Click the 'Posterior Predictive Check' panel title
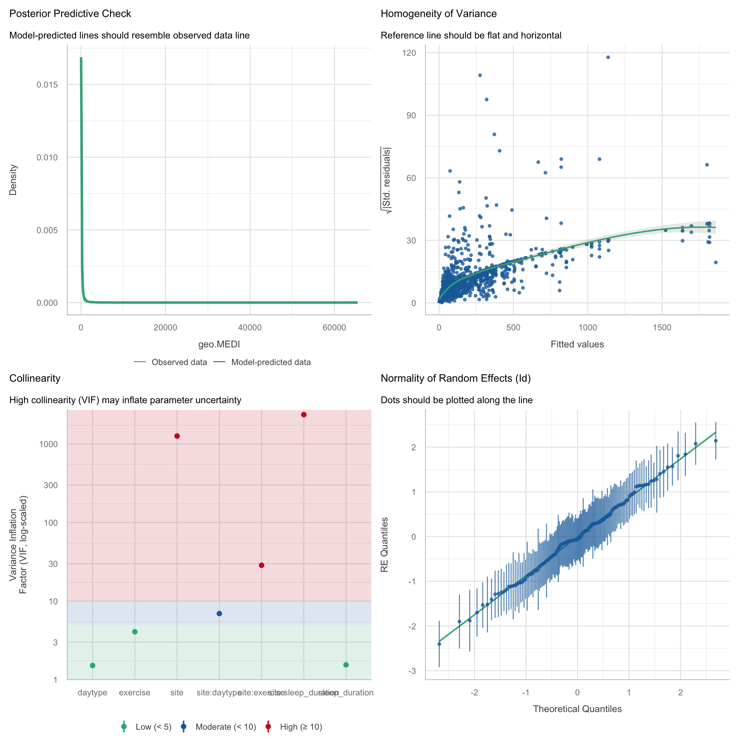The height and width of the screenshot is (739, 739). pos(70,14)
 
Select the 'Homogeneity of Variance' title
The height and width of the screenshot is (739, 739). pos(438,14)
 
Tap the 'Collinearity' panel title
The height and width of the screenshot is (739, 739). pos(35,378)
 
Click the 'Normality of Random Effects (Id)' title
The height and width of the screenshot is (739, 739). pos(455,378)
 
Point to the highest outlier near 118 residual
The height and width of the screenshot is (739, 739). pos(608,57)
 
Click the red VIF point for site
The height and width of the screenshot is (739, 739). pos(177,436)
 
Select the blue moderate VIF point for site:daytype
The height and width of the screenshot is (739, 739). pos(219,614)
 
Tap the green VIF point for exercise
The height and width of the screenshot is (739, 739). pos(135,632)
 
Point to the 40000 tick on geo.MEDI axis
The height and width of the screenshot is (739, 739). pos(250,328)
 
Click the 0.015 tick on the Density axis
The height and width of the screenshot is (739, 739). pos(47,85)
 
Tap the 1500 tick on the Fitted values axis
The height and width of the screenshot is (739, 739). pos(662,328)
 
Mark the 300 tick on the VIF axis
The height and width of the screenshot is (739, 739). pos(50,485)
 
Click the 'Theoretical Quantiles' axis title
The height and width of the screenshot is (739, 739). pos(577,709)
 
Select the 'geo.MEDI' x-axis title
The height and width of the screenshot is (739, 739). pos(219,344)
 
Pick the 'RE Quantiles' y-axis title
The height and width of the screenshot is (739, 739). pos(385,545)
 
